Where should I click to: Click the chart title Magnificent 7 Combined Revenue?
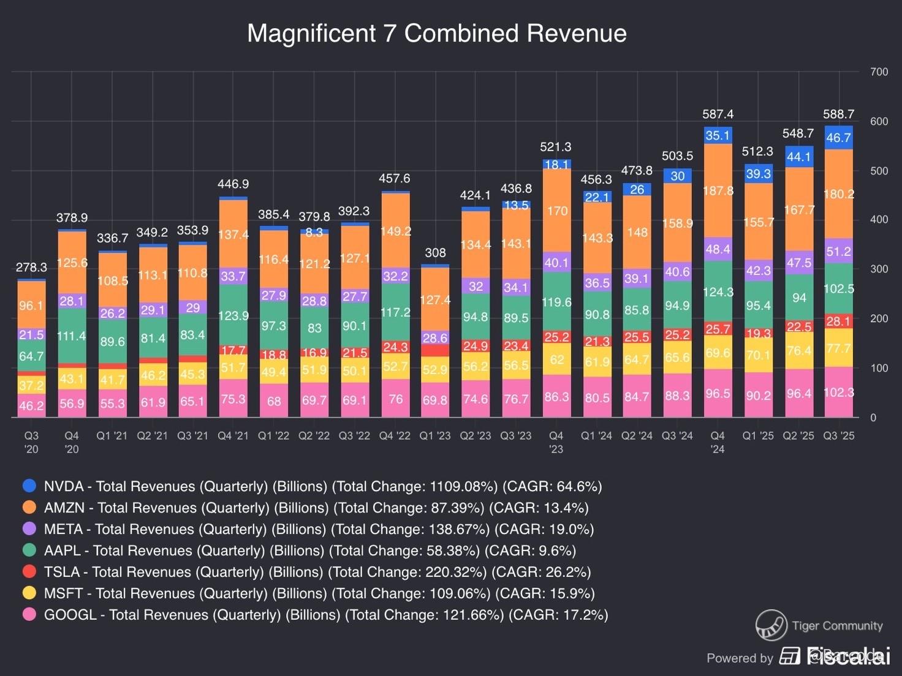coord(436,33)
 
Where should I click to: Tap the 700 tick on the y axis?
coord(879,72)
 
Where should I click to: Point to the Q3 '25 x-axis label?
coord(838,436)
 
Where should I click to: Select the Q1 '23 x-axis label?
coord(434,436)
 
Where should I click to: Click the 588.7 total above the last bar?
coord(838,115)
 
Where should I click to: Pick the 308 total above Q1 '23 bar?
coord(435,253)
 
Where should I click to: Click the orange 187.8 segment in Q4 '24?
coord(718,190)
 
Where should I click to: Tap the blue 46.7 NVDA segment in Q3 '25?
coord(838,138)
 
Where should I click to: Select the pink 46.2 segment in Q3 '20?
coord(31,405)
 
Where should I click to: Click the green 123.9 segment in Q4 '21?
coord(233,316)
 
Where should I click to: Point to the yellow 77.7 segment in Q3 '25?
coord(838,348)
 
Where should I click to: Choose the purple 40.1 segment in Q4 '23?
coord(556,263)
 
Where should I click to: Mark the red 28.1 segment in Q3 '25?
coord(838,321)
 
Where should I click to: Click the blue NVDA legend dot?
coord(29,486)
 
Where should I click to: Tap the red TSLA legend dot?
coord(29,572)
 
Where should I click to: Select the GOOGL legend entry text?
coord(325,615)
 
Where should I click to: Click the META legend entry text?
coord(319,529)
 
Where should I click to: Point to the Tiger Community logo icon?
coord(771,625)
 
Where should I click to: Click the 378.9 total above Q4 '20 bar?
coord(72,218)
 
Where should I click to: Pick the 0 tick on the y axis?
coord(873,418)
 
